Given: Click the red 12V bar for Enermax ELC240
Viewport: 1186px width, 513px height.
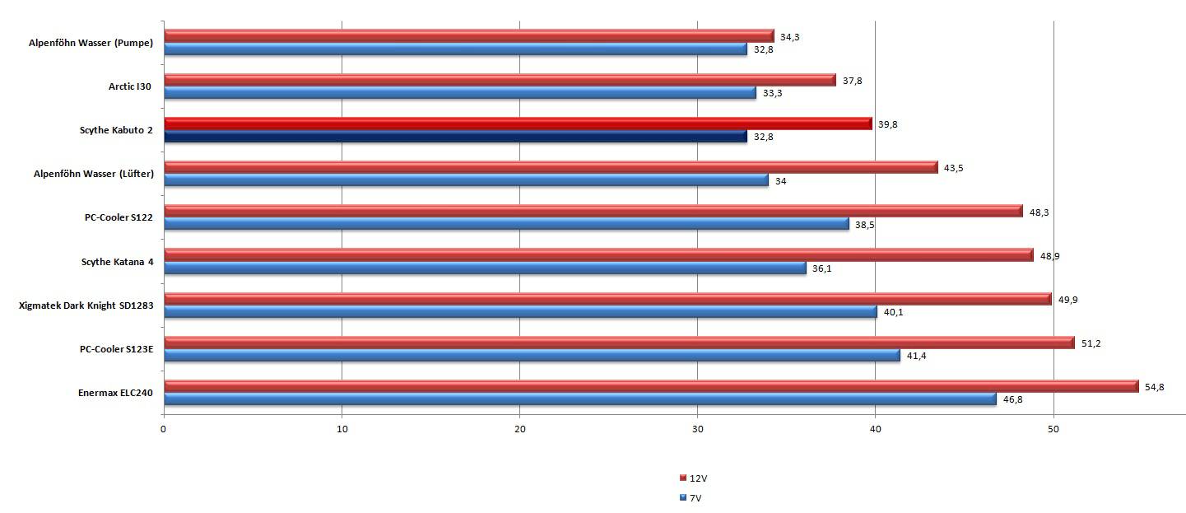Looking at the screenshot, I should click(650, 386).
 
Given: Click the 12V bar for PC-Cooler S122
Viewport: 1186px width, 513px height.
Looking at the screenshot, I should click(593, 211).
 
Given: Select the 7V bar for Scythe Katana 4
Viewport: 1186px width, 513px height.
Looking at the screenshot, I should click(485, 268).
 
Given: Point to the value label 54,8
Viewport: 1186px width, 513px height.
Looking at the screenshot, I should click(1154, 387).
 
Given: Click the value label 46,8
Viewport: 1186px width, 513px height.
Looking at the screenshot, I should click(1012, 400).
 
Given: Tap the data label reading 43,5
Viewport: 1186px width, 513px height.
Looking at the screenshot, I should click(954, 168).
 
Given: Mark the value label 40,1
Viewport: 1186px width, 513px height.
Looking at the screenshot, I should click(893, 312).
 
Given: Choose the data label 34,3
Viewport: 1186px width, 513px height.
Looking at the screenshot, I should click(789, 37).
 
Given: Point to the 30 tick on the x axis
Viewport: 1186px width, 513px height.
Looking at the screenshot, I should click(698, 429).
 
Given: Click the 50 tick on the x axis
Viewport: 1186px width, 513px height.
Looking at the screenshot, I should click(1053, 429).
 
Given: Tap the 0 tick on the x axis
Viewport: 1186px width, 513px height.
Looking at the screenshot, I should click(164, 429).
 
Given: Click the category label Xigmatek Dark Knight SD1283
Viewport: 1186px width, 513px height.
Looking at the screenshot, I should click(86, 305).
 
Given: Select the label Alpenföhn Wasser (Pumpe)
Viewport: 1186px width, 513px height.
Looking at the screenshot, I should click(90, 43).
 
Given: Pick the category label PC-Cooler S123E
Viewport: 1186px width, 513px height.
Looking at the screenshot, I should click(112, 349).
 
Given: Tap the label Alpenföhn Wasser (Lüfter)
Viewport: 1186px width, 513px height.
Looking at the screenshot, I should click(93, 174).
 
